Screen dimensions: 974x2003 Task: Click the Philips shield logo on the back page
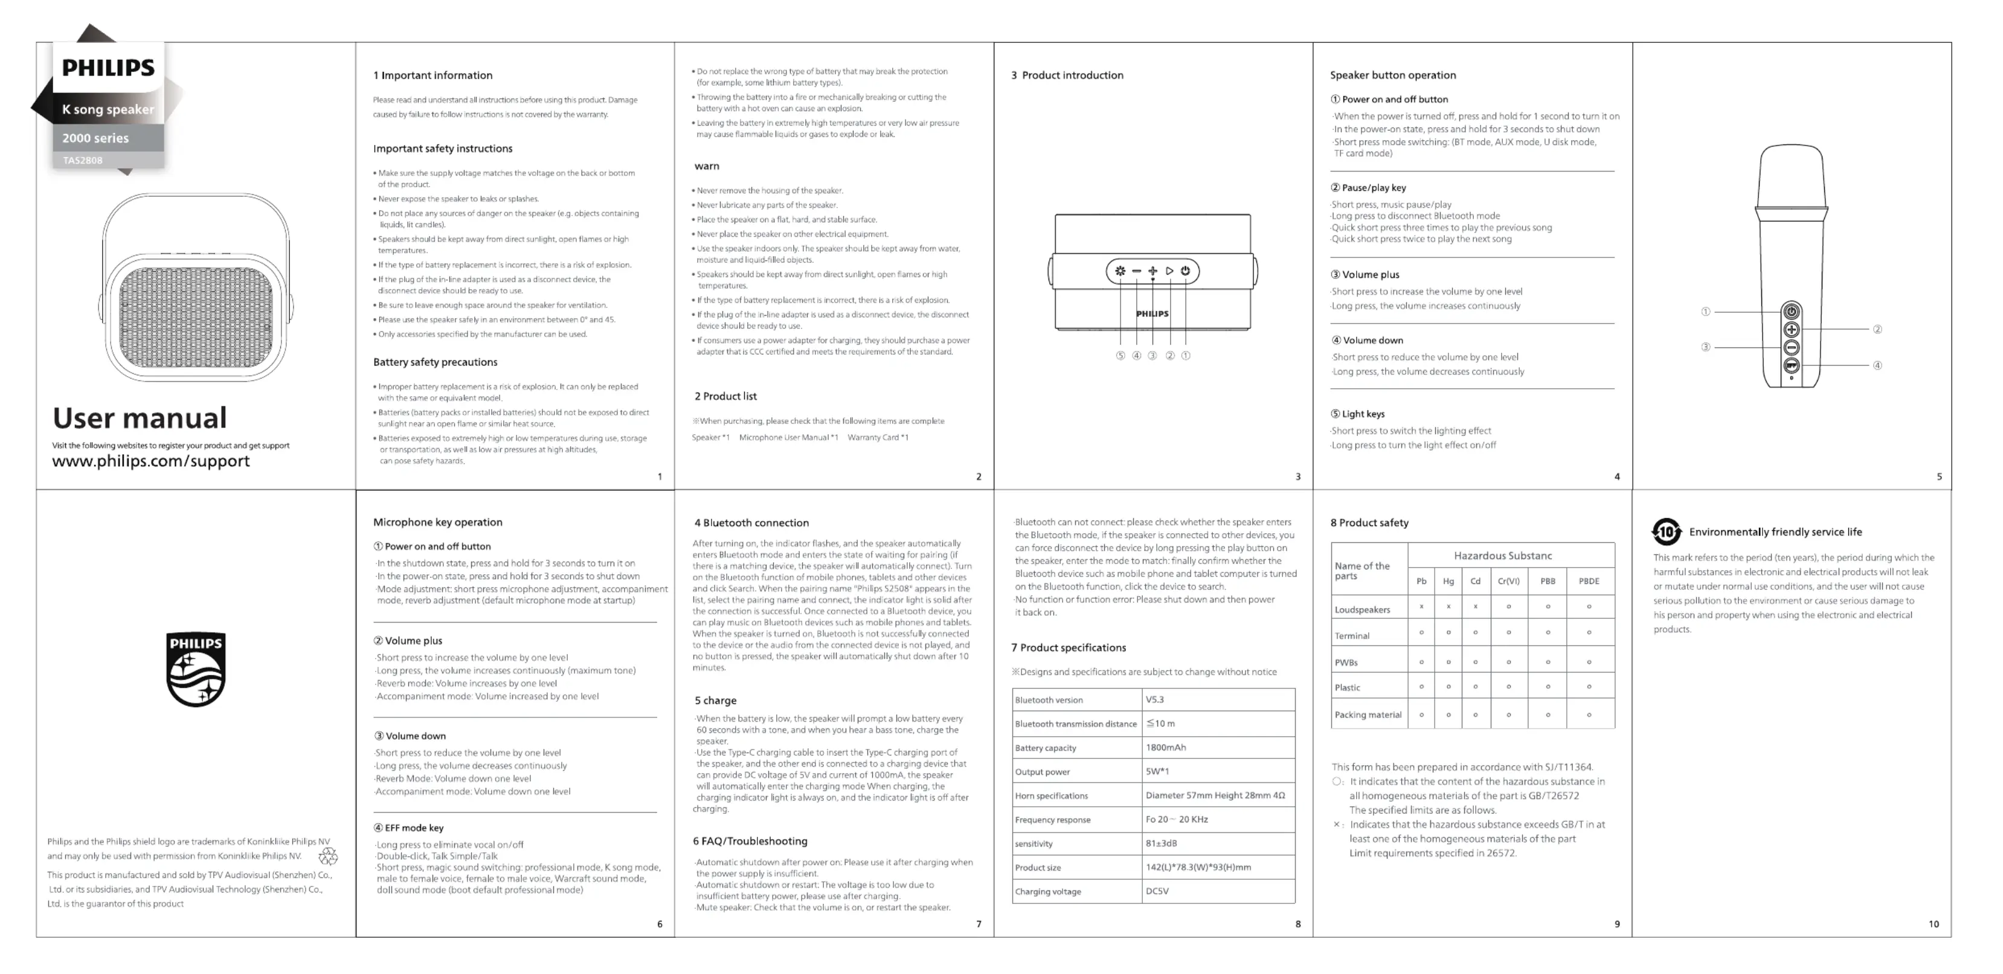196,668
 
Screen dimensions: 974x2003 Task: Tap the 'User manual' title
140,418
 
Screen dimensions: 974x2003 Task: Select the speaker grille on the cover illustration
196,317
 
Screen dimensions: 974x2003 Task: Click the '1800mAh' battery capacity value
1166,748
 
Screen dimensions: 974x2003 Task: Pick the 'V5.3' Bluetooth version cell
1155,700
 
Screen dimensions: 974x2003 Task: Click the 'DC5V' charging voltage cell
1157,892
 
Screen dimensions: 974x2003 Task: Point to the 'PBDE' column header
1589,582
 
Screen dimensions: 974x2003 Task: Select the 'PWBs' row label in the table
1347,663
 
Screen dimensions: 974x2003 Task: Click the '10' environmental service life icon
1667,532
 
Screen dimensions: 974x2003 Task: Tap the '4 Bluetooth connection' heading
751,523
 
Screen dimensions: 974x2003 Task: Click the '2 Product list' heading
725,397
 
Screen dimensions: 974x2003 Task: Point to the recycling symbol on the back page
328,857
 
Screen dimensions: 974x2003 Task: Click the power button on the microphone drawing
1792,312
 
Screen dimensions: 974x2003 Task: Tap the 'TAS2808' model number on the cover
82,161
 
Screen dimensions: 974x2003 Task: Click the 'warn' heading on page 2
707,166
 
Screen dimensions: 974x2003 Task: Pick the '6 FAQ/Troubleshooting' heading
750,841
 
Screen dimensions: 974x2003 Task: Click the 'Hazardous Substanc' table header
1502,556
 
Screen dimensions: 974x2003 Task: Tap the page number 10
1933,924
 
